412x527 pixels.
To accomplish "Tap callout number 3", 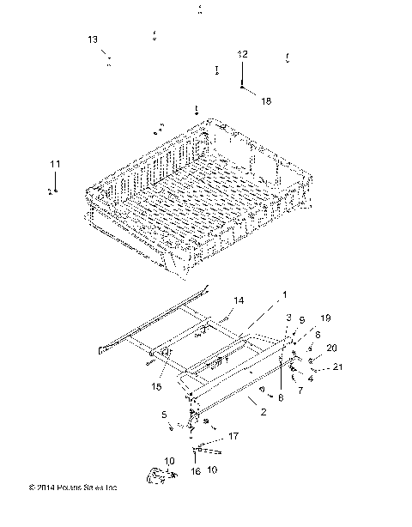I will coord(289,318).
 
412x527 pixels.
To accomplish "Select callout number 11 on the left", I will coord(55,164).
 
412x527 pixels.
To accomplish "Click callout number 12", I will coord(243,54).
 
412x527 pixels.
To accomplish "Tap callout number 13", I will coord(93,39).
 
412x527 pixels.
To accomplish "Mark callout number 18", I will coord(265,101).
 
